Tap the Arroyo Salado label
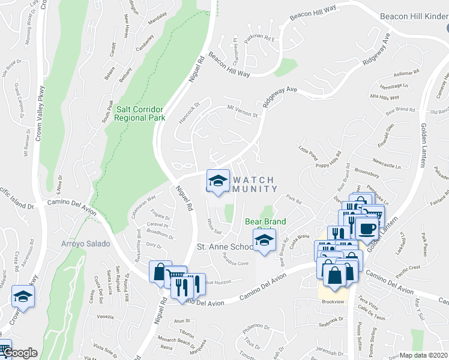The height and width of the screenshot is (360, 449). (x=85, y=244)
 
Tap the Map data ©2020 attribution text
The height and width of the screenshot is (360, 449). (x=424, y=355)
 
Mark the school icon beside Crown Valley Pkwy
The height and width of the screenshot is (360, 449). (x=23, y=296)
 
